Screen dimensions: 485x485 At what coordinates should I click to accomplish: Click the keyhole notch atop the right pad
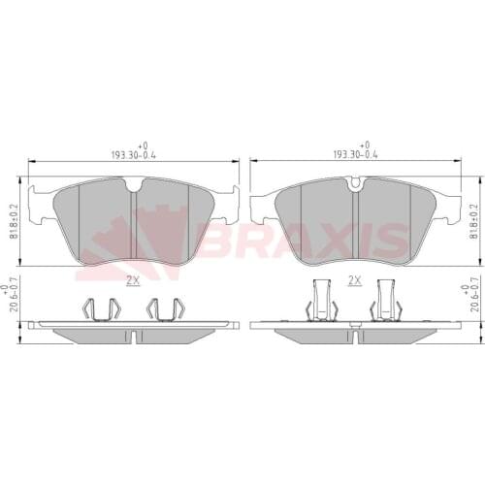click(356, 181)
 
